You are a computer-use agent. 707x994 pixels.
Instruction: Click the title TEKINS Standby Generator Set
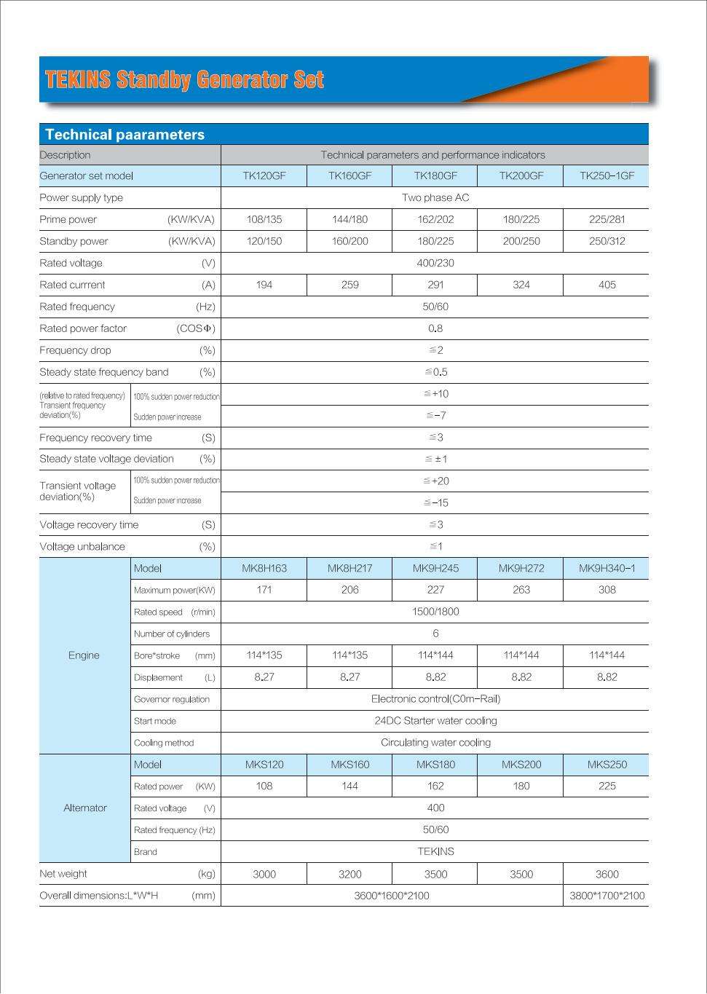pos(184,79)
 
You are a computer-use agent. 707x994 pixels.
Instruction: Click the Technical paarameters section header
pos(125,135)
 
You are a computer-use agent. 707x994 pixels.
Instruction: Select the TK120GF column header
pos(264,175)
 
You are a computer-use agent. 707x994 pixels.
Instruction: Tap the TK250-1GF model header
pos(607,175)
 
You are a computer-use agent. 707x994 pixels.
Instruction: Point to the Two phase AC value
pos(435,197)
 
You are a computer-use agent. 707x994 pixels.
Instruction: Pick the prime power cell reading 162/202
pos(435,219)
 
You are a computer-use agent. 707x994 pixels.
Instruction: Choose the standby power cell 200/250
pos(521,241)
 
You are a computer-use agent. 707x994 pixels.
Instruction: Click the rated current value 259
pos(350,285)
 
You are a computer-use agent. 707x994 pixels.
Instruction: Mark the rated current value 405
pos(607,285)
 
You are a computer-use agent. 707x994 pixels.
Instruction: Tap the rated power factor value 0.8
pos(435,328)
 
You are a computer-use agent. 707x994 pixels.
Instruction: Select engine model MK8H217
pos(350,568)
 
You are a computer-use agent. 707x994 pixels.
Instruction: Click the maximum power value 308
pos(607,590)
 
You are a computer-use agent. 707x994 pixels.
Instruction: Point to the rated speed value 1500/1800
pos(435,612)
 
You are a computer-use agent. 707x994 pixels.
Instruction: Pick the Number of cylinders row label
pos(172,634)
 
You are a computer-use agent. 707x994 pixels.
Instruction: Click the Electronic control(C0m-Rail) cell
pos(435,699)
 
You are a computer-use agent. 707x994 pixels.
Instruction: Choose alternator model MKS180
pos(435,765)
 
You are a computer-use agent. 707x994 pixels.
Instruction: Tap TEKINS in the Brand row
pos(435,851)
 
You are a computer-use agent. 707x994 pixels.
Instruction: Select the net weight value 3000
pos(264,874)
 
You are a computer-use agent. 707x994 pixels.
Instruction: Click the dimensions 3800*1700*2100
pos(607,896)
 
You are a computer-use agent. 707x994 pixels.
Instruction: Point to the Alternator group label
pos(85,808)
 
